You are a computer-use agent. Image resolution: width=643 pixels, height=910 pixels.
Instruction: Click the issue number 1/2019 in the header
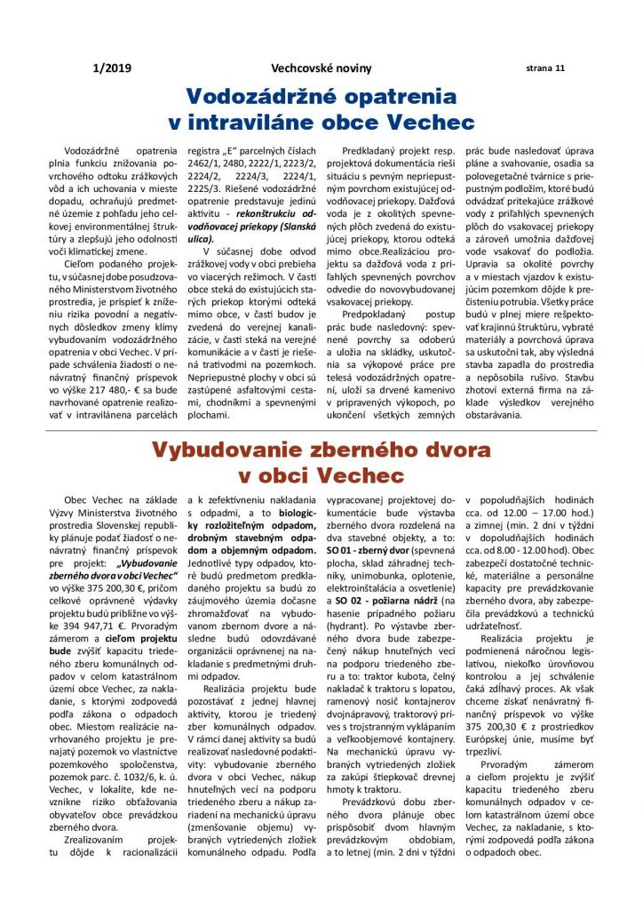click(107, 68)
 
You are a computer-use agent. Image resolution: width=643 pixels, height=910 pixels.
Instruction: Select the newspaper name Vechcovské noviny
click(322, 68)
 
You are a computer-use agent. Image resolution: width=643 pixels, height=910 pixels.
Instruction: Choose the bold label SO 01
click(343, 550)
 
